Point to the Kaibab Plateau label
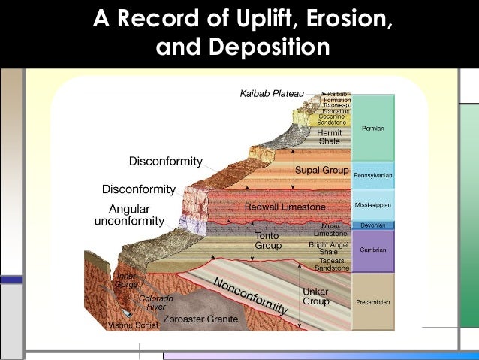pyautogui.click(x=272, y=94)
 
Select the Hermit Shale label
pyautogui.click(x=329, y=137)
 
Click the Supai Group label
pyautogui.click(x=322, y=170)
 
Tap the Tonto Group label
pyautogui.click(x=268, y=241)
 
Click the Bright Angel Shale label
pyautogui.click(x=329, y=248)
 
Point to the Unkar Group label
pyautogui.click(x=315, y=296)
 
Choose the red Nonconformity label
pyautogui.click(x=251, y=295)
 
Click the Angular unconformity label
pyautogui.click(x=129, y=215)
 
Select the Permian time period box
pyautogui.click(x=373, y=129)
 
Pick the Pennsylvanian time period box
pyautogui.click(x=373, y=175)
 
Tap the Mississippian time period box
pyautogui.click(x=373, y=204)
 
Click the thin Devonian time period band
pyautogui.click(x=373, y=225)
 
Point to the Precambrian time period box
pyautogui.click(x=373, y=301)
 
